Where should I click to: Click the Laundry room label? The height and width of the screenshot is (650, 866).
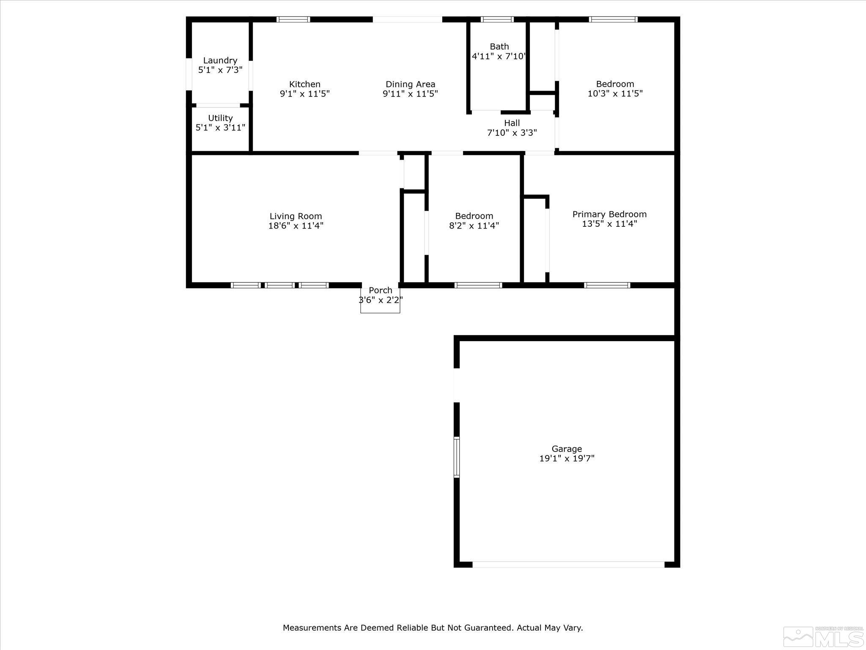click(220, 61)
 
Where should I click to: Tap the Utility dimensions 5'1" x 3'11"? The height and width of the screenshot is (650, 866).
click(220, 128)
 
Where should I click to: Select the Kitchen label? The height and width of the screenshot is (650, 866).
click(304, 84)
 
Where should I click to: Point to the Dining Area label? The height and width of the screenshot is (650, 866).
click(410, 84)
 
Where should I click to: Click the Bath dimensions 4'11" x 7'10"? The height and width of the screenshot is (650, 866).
click(499, 56)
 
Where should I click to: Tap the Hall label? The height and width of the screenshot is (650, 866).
click(512, 123)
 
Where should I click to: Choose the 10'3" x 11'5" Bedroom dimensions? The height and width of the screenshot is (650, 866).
click(615, 94)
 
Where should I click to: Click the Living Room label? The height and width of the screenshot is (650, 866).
click(296, 216)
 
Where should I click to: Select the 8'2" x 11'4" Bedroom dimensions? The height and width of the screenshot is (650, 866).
click(474, 226)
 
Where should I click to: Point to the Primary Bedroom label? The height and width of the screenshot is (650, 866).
click(609, 214)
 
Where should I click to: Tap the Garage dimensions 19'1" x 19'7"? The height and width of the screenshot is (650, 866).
click(567, 458)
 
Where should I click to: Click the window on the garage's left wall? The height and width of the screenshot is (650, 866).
click(456, 457)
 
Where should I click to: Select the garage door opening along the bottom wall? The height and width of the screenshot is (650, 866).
click(568, 564)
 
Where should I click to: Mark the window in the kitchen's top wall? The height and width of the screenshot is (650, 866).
click(293, 19)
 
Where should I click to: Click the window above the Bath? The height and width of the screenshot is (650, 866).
click(497, 19)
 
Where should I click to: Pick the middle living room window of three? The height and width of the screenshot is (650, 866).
click(280, 285)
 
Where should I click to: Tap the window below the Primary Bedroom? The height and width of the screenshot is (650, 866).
click(607, 285)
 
